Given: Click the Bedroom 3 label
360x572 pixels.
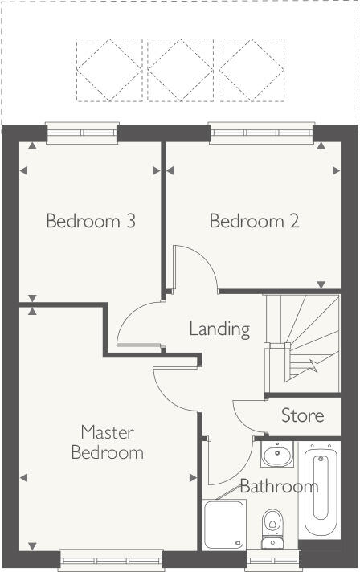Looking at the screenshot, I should (90, 220).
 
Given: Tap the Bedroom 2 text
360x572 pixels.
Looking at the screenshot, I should (254, 220).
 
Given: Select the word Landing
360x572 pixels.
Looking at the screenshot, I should (219, 329).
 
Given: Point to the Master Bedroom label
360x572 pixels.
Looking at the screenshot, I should (107, 443).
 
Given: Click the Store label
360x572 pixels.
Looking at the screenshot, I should (302, 415).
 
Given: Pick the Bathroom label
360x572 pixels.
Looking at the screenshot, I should (279, 486).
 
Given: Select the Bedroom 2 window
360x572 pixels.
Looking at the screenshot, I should (260, 132).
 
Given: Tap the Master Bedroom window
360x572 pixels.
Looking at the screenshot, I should (111, 559).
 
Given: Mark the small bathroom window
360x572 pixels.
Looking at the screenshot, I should (272, 559).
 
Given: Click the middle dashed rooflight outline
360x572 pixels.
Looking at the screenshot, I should (181, 70).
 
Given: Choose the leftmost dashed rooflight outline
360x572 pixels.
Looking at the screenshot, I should (109, 70).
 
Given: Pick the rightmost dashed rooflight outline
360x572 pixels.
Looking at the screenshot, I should (252, 70).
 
